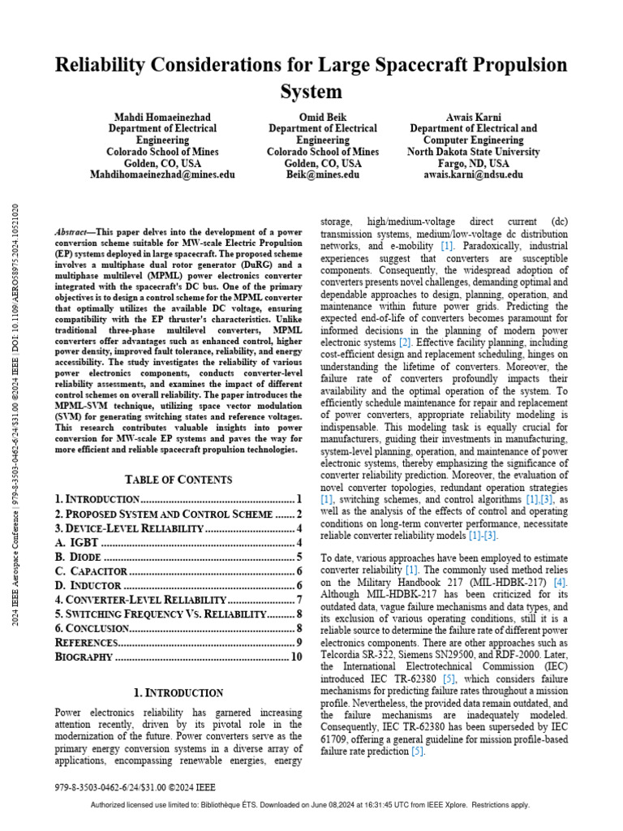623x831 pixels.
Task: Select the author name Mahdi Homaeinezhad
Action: [x=162, y=117]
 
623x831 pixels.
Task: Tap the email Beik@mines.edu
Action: [x=322, y=174]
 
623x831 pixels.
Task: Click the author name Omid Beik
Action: [x=322, y=117]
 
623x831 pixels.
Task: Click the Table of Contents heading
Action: [x=178, y=479]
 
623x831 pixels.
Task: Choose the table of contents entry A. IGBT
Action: [x=78, y=541]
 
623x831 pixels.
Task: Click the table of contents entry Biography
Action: [x=84, y=657]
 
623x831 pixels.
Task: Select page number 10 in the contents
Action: [x=296, y=657]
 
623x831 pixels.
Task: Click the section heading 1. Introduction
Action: [x=178, y=692]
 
